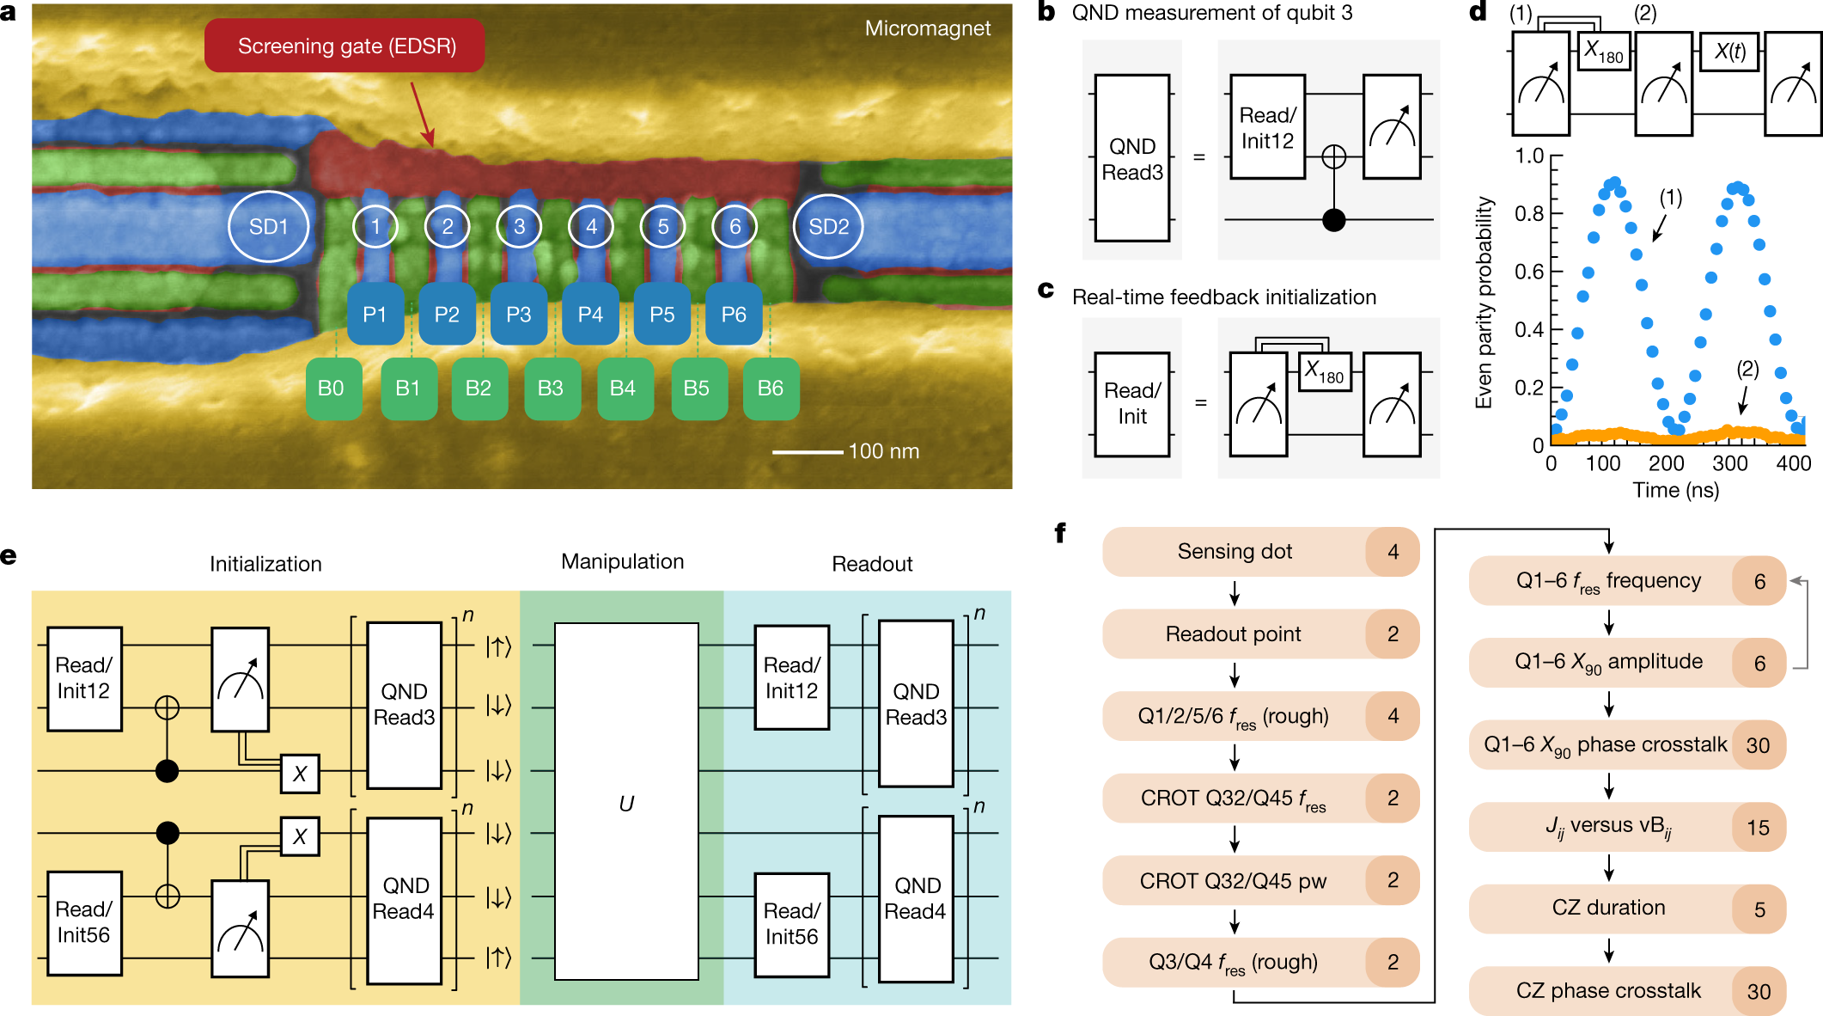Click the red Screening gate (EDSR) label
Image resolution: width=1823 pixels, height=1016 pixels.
tap(345, 46)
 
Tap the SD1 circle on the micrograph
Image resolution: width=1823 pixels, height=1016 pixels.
tap(268, 227)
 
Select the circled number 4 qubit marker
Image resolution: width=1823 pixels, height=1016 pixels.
tap(591, 227)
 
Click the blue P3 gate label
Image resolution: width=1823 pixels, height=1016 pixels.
tap(518, 315)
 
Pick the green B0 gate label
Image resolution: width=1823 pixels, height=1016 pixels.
tap(331, 389)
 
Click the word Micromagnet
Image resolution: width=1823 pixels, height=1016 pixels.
tap(927, 28)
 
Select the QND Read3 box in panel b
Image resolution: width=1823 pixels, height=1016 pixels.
tap(1131, 159)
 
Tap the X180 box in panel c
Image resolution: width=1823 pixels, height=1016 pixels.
tap(1324, 372)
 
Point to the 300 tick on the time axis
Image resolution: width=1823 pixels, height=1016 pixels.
tap(1729, 464)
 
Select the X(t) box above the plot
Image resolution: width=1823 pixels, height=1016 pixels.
tap(1729, 52)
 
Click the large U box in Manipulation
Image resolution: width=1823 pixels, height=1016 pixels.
tap(626, 802)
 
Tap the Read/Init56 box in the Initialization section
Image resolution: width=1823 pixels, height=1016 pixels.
tap(83, 922)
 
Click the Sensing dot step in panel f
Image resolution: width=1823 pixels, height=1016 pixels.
tap(1235, 552)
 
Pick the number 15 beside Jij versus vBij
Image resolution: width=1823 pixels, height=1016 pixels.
tap(1758, 828)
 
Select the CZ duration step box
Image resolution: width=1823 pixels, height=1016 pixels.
tap(1608, 909)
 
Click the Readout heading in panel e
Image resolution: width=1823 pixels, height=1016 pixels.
tap(871, 564)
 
